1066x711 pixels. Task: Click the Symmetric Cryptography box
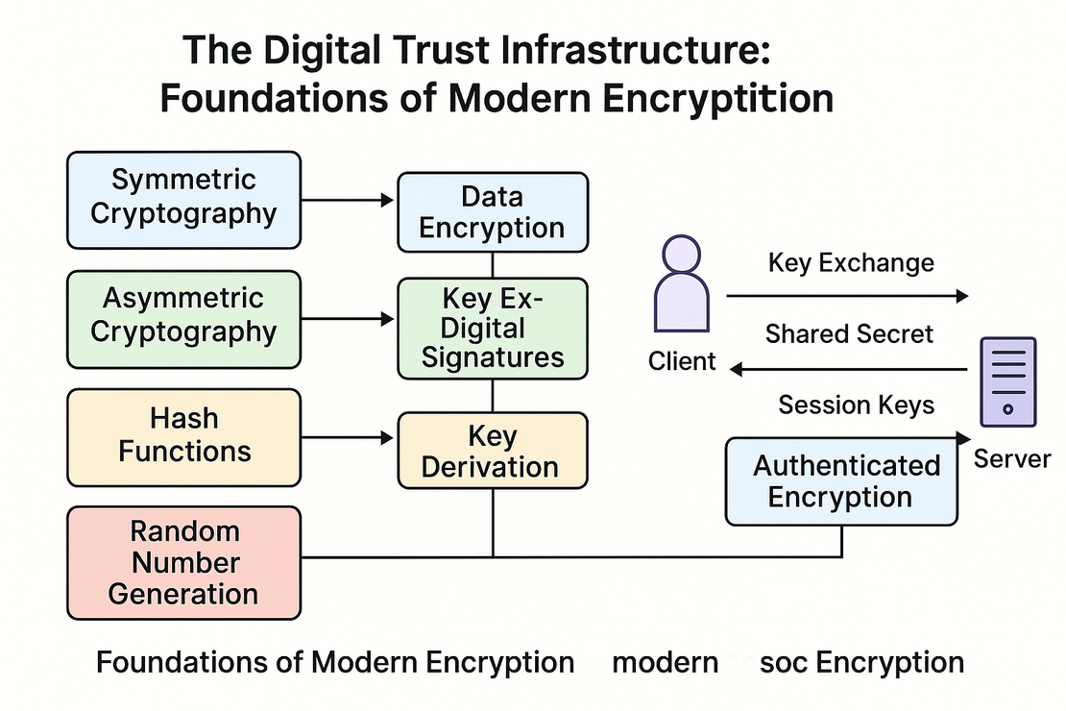point(183,198)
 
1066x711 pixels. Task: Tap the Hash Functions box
point(183,435)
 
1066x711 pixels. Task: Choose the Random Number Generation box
point(183,562)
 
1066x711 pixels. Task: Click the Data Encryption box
point(492,212)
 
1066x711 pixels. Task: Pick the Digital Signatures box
point(492,328)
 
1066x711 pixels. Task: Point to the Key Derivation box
point(492,451)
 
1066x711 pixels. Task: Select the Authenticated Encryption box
point(841,481)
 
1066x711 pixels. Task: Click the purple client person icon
point(683,285)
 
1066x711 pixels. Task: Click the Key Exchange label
point(851,262)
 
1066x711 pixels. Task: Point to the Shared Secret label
point(849,333)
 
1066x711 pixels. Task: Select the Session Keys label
point(856,405)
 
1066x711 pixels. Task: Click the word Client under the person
point(683,361)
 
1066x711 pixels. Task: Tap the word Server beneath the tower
point(1011,458)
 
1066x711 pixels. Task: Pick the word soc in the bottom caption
point(785,662)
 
